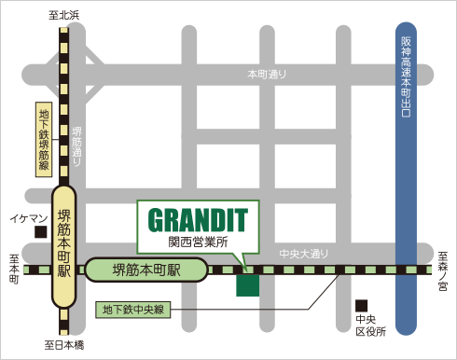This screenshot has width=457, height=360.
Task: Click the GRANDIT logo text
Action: [199, 220]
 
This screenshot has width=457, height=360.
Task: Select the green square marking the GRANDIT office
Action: [248, 284]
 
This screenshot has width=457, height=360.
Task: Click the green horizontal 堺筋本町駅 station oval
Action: [146, 270]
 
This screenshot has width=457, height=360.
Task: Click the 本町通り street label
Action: [267, 74]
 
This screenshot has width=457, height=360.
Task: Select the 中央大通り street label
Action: [305, 254]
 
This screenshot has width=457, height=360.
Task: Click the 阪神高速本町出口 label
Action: [406, 76]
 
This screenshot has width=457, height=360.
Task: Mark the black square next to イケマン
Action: [40, 230]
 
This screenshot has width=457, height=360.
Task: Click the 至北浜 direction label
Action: [64, 14]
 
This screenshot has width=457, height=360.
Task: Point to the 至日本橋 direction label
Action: [64, 346]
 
